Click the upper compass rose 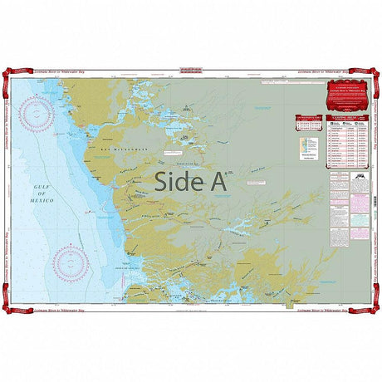(x=38, y=115)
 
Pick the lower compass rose (x=70, y=262)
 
